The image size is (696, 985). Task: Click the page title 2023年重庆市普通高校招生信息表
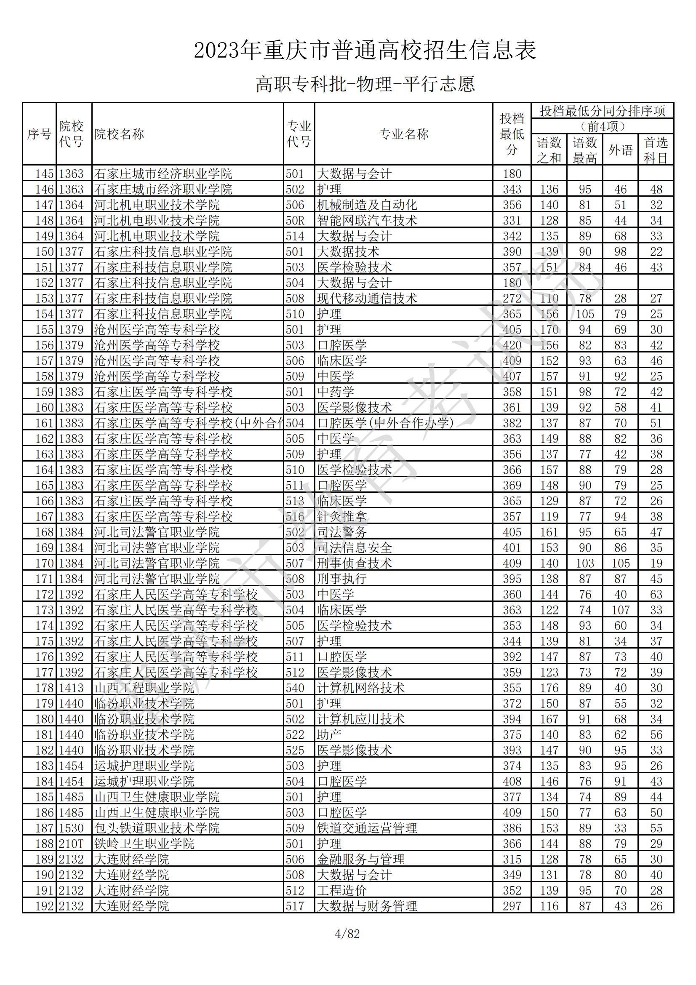pos(365,51)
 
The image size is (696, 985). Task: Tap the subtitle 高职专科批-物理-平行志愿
pos(365,84)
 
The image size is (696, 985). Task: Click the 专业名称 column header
pos(403,134)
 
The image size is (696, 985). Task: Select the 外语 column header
pos(620,150)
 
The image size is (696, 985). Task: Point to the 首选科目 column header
pos(656,150)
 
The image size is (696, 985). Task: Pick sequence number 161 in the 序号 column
pos(44,423)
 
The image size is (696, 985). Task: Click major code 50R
pos(295,221)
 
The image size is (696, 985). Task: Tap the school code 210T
pos(71,844)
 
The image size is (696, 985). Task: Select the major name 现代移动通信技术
pos(367,299)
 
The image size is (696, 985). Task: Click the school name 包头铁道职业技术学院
pos(157,828)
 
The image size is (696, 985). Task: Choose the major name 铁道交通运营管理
pos(367,828)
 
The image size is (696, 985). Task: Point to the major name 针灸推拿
pos(342,517)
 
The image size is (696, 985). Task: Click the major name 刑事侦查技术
pos(354,563)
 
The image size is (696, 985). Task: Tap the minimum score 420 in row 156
pos(512,345)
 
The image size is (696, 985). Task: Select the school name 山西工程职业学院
pos(144,688)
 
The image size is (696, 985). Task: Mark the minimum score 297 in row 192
pos(512,906)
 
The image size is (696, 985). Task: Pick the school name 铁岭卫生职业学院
pos(144,844)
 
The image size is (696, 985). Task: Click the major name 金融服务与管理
pos(361,860)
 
